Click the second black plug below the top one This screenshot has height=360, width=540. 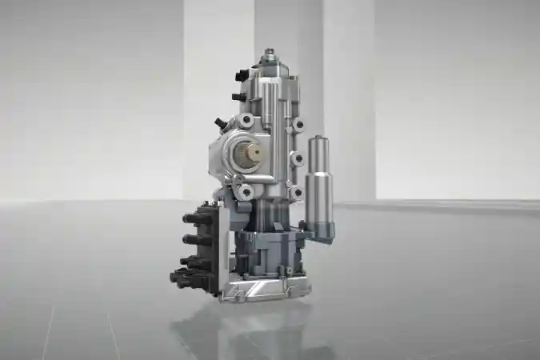pos(238,97)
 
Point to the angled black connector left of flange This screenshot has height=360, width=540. pos(219,123)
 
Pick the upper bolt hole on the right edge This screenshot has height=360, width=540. pos(298,125)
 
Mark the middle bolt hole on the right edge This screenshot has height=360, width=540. pos(297,158)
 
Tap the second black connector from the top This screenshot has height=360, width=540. pos(194,238)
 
